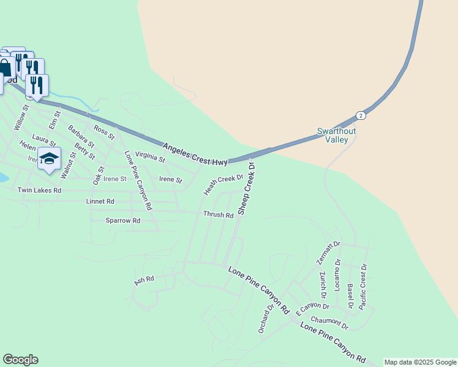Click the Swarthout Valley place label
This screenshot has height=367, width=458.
point(336,135)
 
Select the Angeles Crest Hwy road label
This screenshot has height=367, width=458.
point(195,154)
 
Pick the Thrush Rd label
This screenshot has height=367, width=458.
point(219,215)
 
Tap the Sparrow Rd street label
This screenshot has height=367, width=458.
point(123,220)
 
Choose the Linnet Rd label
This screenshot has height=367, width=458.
point(101,201)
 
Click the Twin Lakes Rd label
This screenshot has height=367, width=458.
point(40,191)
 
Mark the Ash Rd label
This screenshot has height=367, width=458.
point(144,280)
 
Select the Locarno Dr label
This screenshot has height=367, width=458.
point(337,273)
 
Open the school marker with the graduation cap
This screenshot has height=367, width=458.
point(49,158)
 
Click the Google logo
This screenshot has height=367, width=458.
point(20,360)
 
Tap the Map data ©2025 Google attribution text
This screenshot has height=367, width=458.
point(420,362)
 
